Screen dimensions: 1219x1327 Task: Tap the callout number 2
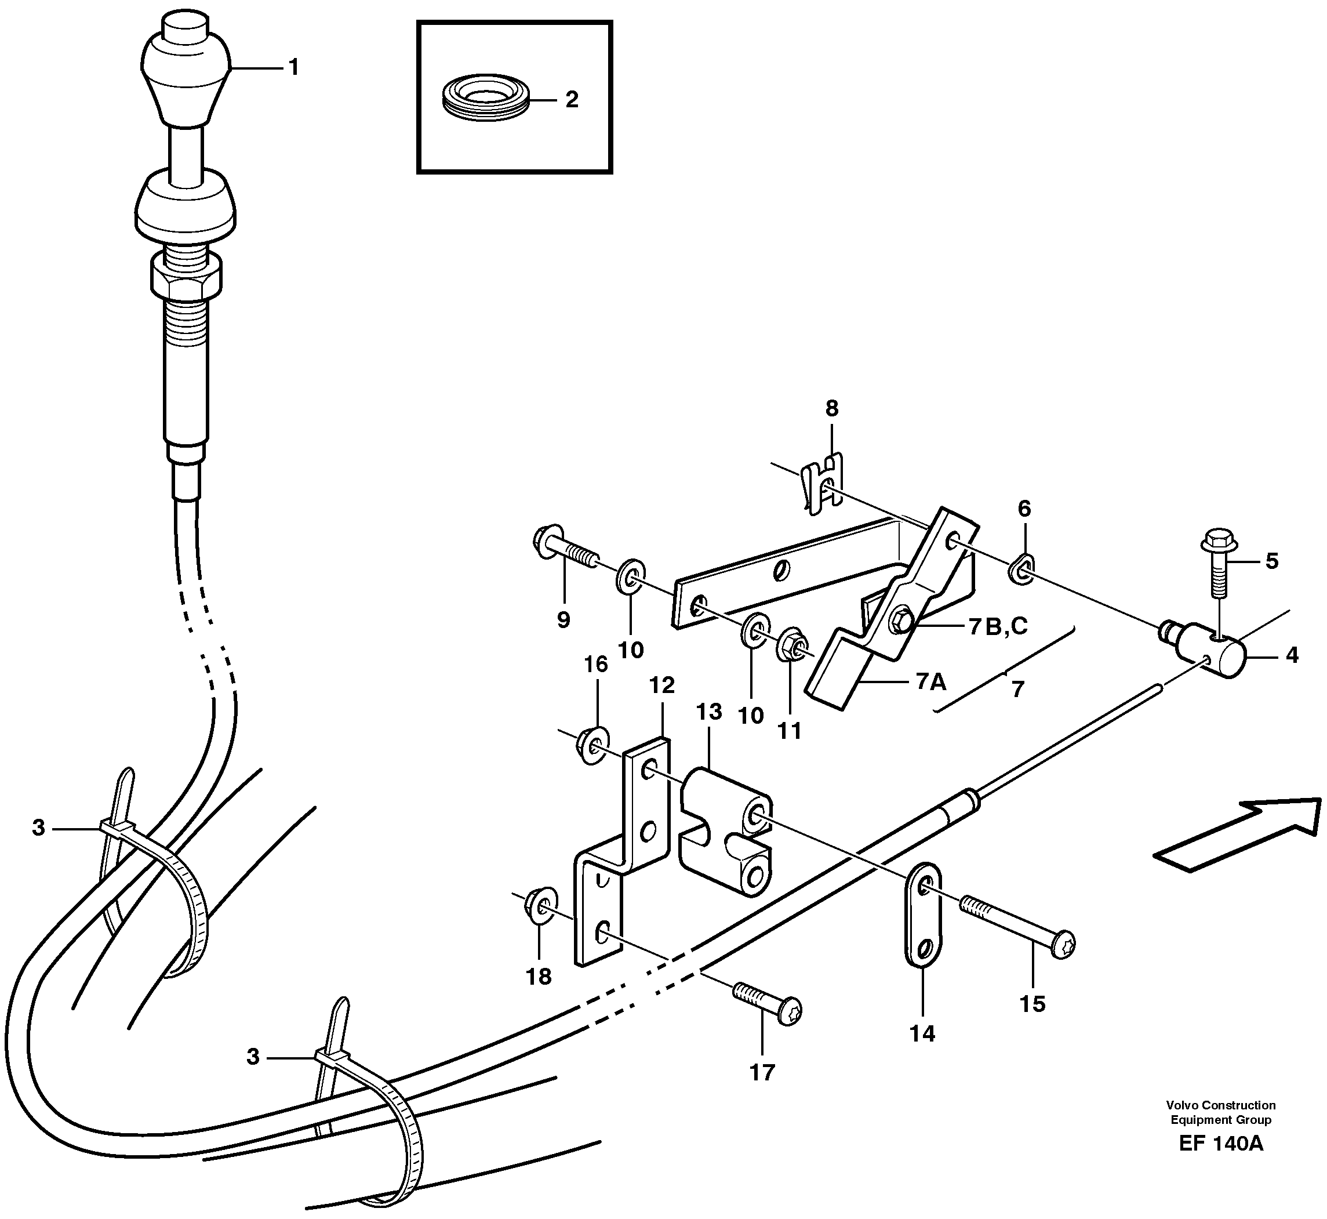[571, 100]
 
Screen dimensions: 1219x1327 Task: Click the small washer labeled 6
[1021, 568]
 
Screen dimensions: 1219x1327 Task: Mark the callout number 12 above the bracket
[661, 685]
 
